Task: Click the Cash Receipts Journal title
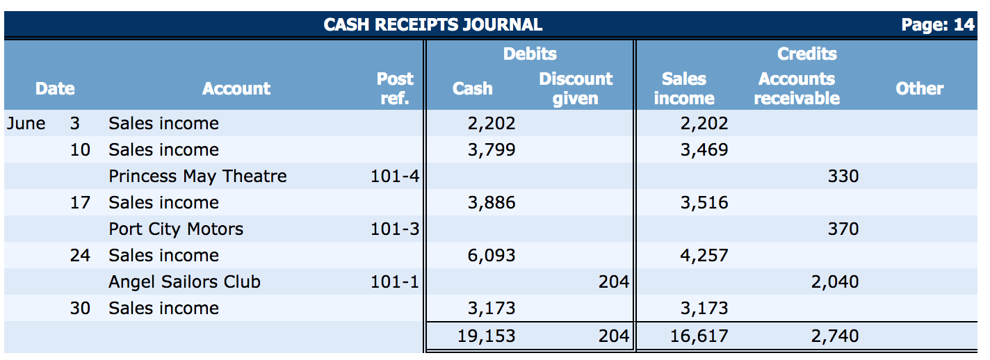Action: [x=432, y=25]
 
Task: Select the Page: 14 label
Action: [x=937, y=25]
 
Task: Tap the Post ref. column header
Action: [x=394, y=88]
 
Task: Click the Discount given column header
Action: [x=576, y=88]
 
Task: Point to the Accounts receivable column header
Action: [x=796, y=88]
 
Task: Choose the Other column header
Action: [x=919, y=88]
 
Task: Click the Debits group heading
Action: [x=530, y=54]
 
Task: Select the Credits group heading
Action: [x=806, y=54]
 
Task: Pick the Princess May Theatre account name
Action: [x=197, y=177]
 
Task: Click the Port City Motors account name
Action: [x=176, y=229]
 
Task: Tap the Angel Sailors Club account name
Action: [x=184, y=282]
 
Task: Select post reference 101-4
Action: [x=394, y=177]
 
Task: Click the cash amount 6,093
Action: [x=492, y=256]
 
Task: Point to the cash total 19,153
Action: [x=487, y=336]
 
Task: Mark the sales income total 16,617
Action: [x=699, y=336]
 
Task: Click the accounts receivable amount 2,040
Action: [x=834, y=282]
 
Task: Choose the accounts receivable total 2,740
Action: [x=834, y=336]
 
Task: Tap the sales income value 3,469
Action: [x=704, y=150]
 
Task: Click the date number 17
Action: [x=80, y=203]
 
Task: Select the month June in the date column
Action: [x=26, y=124]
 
